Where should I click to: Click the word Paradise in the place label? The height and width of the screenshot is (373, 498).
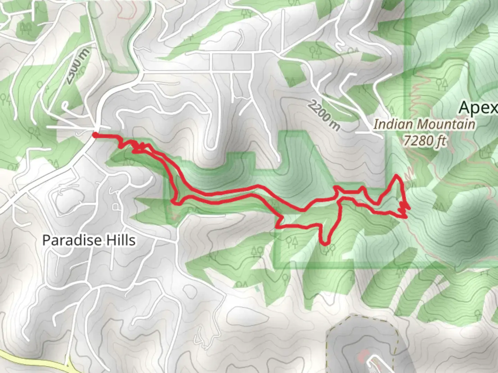pos(67,240)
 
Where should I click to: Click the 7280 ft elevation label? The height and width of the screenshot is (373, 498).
pos(425,141)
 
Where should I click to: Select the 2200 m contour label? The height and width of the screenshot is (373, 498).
pos(323,115)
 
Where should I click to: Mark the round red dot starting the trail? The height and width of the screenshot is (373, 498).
pos(94,135)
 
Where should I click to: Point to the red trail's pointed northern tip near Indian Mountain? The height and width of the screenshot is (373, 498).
pos(397,176)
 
